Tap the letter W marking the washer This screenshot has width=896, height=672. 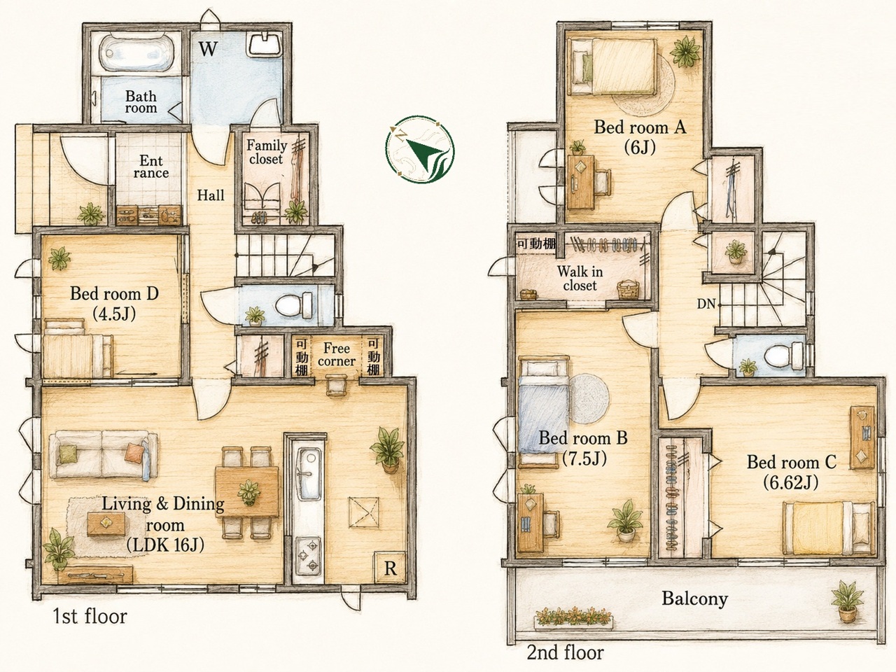point(208,49)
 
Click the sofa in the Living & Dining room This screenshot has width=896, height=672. point(103,454)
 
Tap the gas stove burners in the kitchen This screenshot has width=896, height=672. point(308,554)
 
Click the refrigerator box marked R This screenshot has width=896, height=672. point(390,568)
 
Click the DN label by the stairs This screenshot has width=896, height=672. point(706,304)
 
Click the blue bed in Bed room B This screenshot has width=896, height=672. point(544,412)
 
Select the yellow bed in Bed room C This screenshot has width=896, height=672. point(828,528)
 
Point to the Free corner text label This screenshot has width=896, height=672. point(337,355)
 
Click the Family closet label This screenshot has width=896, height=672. point(266,152)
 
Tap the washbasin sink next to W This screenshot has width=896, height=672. point(265,45)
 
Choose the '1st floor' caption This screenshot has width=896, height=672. point(90,616)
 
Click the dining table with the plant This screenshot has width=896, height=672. point(247,493)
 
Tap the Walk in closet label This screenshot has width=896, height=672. point(580,279)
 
